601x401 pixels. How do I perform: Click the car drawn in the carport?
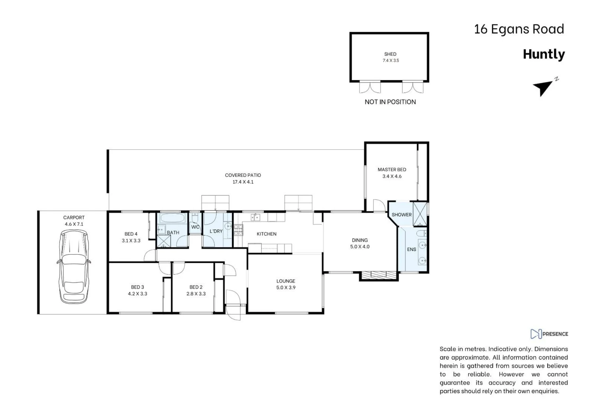73,266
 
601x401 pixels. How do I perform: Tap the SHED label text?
390,54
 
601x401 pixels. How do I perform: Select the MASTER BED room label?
392,170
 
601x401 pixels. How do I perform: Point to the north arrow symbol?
543,88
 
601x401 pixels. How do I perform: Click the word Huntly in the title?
543,54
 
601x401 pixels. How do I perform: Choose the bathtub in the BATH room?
172,218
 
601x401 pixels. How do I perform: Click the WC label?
195,227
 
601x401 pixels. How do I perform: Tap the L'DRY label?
216,231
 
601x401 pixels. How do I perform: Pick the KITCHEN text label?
266,234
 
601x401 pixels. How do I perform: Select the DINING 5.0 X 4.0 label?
359,243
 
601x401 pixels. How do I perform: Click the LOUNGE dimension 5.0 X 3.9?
286,288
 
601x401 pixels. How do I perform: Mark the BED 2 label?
196,287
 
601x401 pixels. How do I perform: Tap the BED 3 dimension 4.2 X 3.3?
137,294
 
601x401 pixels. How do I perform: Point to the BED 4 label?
131,234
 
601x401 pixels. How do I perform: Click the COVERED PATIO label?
243,175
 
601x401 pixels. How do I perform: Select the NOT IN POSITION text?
390,102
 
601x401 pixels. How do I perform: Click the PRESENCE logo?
549,334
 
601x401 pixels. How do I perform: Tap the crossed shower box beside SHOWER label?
420,214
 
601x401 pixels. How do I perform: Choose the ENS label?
411,250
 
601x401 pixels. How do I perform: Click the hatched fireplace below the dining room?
379,275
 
